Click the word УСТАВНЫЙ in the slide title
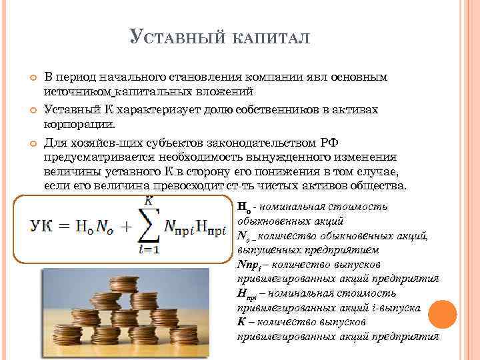(x=176, y=37)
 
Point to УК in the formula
(x=42, y=227)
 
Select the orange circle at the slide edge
(x=443, y=313)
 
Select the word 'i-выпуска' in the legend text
(x=397, y=309)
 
